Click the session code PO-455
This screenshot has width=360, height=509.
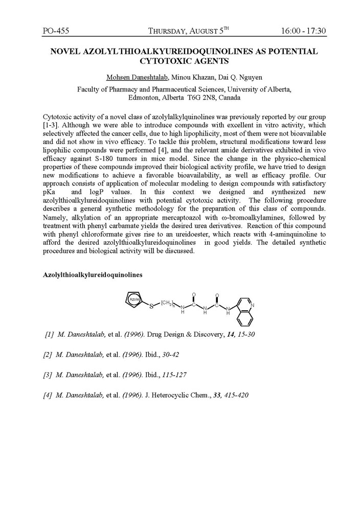(x=56, y=31)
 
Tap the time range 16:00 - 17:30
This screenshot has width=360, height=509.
(x=303, y=31)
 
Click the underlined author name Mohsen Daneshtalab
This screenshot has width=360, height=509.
(x=139, y=77)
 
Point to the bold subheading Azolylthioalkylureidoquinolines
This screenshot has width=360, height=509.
(x=93, y=274)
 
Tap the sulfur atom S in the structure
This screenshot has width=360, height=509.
(x=151, y=307)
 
